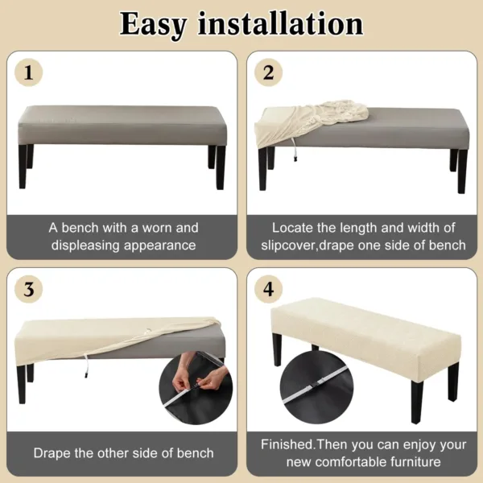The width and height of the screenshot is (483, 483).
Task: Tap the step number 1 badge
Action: [29, 73]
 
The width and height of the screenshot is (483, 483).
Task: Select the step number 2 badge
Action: [269, 73]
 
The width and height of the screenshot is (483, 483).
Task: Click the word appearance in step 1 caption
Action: [160, 245]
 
